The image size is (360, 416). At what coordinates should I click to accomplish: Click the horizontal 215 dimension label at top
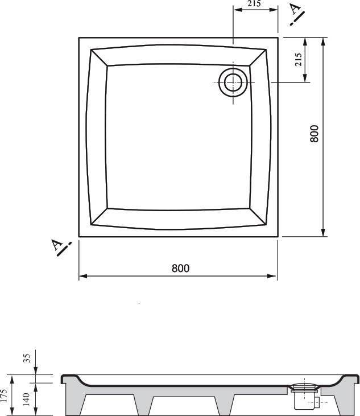254,3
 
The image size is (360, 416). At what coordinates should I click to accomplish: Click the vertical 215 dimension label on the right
298,60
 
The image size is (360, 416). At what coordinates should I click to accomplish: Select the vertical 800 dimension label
315,133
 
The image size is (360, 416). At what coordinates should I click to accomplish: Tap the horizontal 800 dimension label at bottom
180,268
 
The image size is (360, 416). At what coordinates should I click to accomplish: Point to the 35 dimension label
27,358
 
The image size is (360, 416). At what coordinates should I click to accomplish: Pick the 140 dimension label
26,399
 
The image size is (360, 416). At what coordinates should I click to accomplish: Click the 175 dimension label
3,396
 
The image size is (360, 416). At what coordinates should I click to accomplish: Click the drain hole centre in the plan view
233,83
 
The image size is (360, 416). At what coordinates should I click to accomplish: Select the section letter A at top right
295,9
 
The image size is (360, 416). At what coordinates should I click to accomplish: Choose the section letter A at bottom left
57,245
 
